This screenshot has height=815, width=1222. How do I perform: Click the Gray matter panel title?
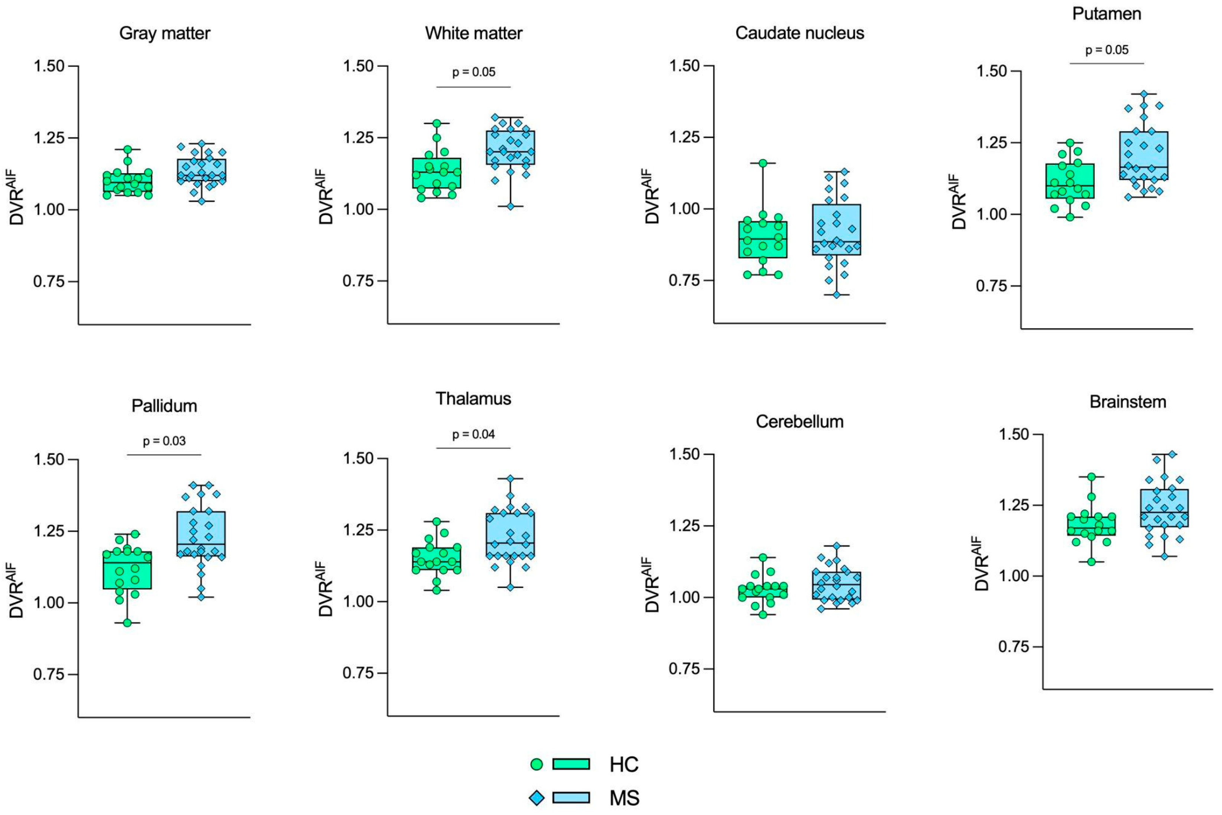coord(165,33)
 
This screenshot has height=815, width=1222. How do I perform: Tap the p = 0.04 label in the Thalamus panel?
coord(473,434)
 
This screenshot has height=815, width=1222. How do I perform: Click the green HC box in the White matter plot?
coord(436,173)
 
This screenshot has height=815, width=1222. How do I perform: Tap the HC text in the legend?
coord(624,765)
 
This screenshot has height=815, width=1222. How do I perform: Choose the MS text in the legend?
coord(625,798)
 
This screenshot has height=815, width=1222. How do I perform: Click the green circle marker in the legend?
coord(536,764)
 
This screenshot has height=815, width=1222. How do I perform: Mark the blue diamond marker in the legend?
coord(536,798)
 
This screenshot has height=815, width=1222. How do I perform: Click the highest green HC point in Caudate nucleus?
coord(763,163)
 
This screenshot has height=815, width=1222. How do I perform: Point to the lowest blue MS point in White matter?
coord(511,206)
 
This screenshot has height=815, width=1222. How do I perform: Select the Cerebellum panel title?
coord(799,421)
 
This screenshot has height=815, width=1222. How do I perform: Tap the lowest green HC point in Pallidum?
coord(127,623)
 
